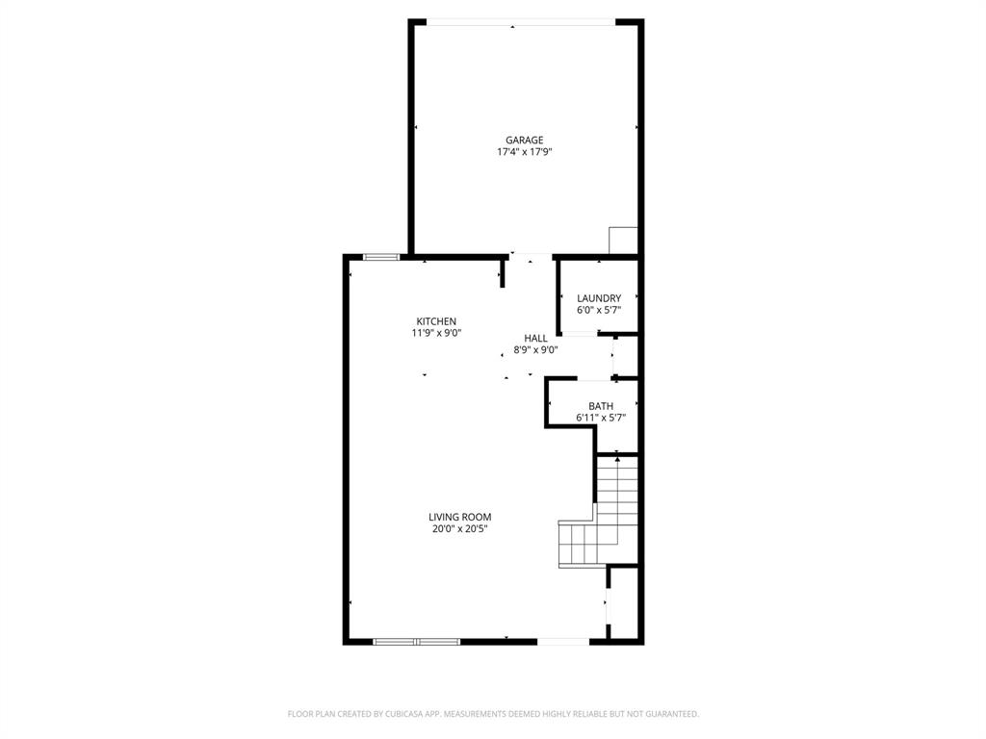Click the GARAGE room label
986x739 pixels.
click(x=524, y=140)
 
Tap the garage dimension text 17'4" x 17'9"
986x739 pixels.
click(x=524, y=152)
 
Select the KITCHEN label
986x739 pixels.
click(x=436, y=321)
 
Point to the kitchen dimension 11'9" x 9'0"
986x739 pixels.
click(x=436, y=333)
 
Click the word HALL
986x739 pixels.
click(x=535, y=339)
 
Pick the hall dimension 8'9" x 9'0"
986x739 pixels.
click(x=535, y=350)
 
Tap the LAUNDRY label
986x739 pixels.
click(x=599, y=298)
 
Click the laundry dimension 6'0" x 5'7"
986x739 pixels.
click(x=599, y=310)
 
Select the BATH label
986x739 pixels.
click(x=601, y=406)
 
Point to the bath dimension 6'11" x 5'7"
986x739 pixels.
click(x=601, y=418)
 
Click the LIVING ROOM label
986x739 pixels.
click(x=460, y=517)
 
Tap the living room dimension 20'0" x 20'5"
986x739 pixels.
click(x=460, y=528)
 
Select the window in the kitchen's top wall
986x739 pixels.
click(x=381, y=256)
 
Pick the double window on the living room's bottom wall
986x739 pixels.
click(x=416, y=641)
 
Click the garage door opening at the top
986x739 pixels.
click(x=521, y=22)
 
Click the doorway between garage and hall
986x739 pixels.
click(x=531, y=256)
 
